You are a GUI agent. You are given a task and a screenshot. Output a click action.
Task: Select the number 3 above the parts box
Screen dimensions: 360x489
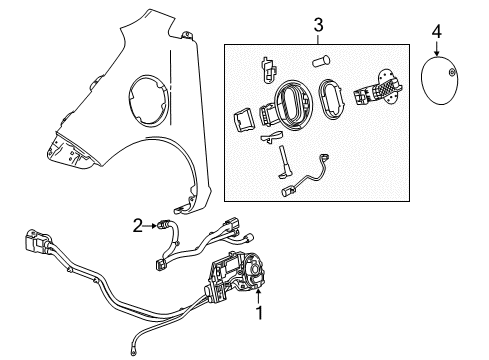coord(317,23)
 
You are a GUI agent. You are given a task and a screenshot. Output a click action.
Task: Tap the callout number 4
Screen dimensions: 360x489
coord(435,32)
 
